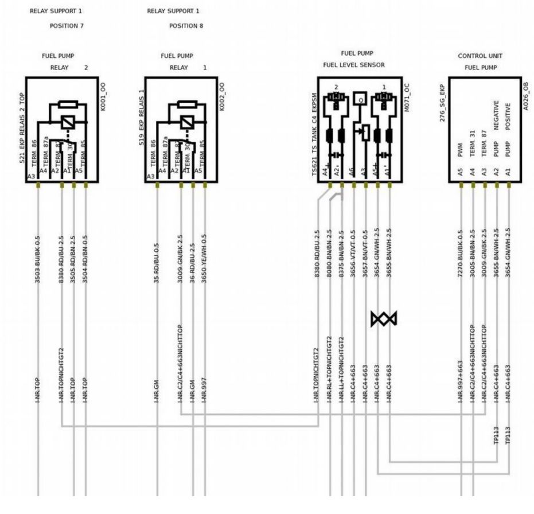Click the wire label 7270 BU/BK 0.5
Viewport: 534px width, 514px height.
pos(461,253)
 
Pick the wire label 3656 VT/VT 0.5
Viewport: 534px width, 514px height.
pos(353,253)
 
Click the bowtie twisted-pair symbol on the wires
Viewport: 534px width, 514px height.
pos(384,319)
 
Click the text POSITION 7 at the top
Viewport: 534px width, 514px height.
pos(67,26)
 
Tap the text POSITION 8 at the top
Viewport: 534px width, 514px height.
pos(186,26)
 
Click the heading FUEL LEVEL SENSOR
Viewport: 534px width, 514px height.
pos(354,65)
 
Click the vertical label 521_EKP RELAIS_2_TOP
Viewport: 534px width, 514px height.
pos(22,128)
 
